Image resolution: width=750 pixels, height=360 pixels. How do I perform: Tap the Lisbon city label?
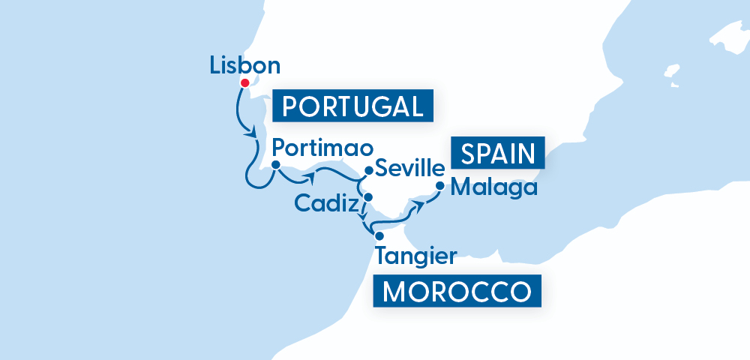[245, 65]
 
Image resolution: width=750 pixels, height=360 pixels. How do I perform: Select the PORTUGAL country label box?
[352, 106]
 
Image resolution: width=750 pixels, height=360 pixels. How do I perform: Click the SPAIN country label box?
[498, 153]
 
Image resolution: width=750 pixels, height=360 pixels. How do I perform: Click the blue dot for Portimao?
[275, 165]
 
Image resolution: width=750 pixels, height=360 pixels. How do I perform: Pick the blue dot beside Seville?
[368, 170]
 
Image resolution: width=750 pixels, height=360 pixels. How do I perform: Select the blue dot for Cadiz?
[367, 197]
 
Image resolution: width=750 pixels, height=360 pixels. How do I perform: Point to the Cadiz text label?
[325, 202]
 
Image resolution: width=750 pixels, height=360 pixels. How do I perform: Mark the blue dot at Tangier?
[379, 236]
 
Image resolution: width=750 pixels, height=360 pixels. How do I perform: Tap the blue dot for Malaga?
[439, 184]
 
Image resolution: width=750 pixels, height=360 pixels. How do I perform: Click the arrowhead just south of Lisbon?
[250, 133]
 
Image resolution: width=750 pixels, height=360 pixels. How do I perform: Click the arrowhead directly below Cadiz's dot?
[365, 218]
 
